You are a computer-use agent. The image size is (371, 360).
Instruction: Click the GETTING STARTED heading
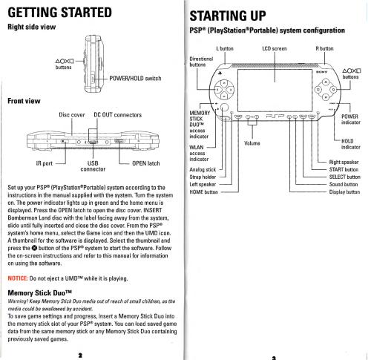click(x=59, y=13)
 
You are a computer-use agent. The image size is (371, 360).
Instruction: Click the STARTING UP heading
click(x=228, y=16)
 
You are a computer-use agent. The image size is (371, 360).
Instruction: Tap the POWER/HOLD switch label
click(x=135, y=79)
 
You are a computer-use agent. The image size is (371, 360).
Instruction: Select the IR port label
click(x=45, y=163)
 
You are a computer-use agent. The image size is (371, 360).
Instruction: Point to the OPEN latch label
click(x=146, y=163)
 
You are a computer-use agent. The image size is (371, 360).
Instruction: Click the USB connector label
click(x=93, y=166)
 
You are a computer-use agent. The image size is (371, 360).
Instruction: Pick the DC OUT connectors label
click(x=118, y=115)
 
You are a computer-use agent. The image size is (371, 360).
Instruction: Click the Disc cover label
click(x=72, y=115)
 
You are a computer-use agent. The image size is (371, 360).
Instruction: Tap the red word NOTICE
click(x=18, y=278)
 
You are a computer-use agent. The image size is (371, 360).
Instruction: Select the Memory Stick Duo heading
click(x=40, y=293)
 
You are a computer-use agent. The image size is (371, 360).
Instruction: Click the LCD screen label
click(x=275, y=48)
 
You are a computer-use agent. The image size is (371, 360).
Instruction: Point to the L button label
click(x=225, y=48)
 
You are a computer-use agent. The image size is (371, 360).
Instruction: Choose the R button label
click(x=324, y=48)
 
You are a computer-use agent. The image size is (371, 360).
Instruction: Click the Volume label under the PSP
click(x=252, y=143)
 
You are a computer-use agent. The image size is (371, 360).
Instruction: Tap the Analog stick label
click(x=203, y=169)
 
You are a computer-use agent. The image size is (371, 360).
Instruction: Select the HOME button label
click(x=203, y=192)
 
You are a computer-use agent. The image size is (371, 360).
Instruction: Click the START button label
click(x=344, y=169)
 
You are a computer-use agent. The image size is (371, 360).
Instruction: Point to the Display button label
click(x=344, y=192)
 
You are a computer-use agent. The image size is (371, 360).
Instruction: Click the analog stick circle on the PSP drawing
click(x=224, y=108)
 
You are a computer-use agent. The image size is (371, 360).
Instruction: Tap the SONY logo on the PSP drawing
click(x=321, y=72)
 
